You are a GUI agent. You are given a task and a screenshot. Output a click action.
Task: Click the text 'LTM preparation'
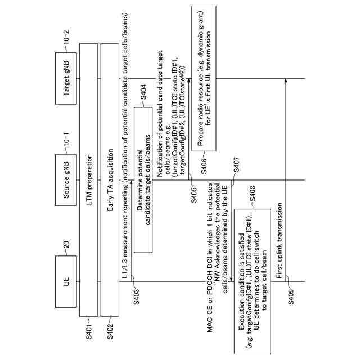pos(87,180)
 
